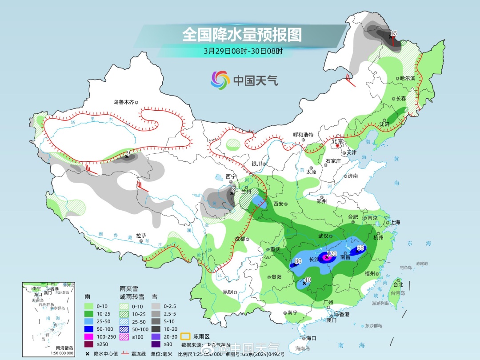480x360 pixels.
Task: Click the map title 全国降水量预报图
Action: click(x=242, y=34)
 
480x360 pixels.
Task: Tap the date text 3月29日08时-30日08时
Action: click(x=243, y=51)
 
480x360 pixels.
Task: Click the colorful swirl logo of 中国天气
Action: click(x=220, y=80)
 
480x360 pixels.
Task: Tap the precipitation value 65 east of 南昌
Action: click(x=360, y=248)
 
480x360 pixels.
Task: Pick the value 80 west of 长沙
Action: click(x=298, y=261)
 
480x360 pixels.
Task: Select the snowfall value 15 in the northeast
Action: click(x=393, y=33)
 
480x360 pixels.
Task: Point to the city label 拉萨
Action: click(x=141, y=236)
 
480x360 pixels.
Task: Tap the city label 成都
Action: click(x=240, y=239)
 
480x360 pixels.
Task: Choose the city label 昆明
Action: click(x=228, y=292)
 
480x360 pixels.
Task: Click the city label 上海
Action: click(x=395, y=223)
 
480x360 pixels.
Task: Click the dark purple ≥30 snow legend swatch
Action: click(x=156, y=344)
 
